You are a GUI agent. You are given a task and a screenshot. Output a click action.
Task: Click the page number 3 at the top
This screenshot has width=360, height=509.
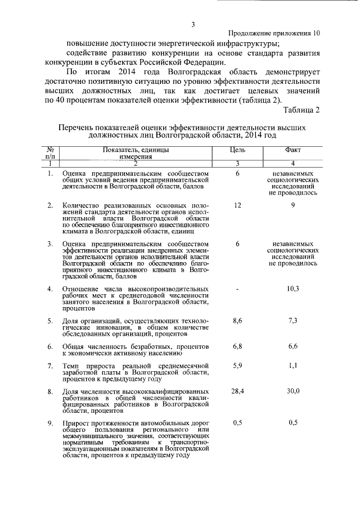pyautogui.click(x=192, y=24)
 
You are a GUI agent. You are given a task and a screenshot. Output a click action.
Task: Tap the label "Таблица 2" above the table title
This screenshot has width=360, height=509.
pyautogui.click(x=301, y=110)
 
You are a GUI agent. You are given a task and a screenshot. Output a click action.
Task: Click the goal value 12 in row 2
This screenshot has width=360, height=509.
pyautogui.click(x=237, y=205)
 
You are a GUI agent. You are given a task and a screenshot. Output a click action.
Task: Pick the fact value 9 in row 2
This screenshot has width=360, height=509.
pyautogui.click(x=293, y=205)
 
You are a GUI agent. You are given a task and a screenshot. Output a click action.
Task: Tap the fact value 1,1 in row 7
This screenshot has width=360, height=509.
pyautogui.click(x=293, y=365)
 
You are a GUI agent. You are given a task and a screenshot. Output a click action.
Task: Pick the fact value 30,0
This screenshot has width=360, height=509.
pyautogui.click(x=293, y=390)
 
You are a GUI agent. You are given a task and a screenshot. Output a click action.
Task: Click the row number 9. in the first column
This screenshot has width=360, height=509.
pyautogui.click(x=50, y=423)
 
